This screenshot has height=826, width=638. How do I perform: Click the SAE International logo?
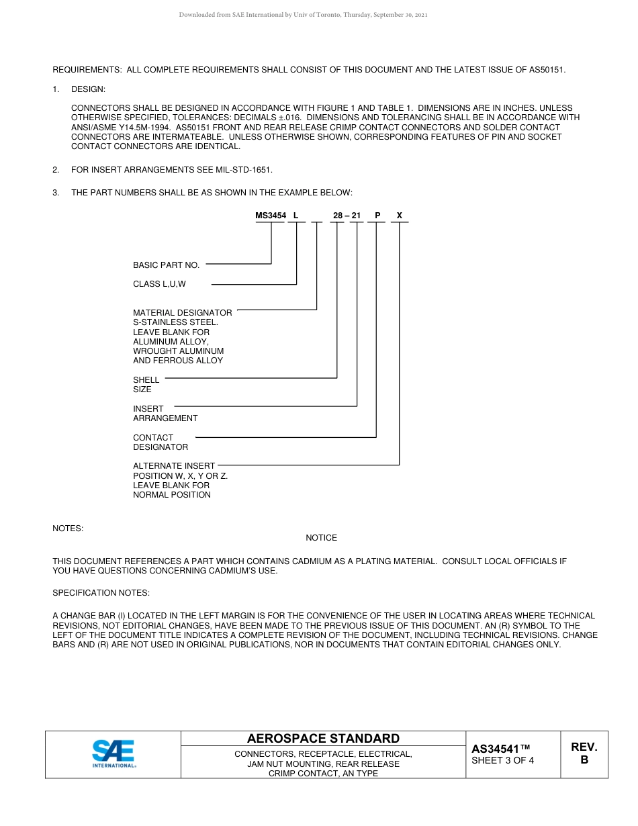click(113, 753)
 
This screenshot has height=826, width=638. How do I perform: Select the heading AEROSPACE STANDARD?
click(323, 738)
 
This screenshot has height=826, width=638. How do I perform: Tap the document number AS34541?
click(500, 749)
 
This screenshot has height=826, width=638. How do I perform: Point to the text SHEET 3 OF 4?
click(502, 761)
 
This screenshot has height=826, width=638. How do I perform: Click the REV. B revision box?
click(584, 753)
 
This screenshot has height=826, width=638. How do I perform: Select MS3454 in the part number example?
click(271, 216)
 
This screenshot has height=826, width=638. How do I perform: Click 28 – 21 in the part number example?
click(347, 216)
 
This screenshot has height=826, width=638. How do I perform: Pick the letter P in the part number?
click(377, 216)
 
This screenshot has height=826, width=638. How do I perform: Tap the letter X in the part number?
click(399, 216)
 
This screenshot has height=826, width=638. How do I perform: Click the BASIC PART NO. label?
click(166, 265)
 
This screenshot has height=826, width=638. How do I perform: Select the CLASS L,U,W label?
click(159, 284)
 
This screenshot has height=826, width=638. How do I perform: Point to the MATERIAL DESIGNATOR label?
click(182, 313)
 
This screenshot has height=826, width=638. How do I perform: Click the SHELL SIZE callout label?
click(146, 384)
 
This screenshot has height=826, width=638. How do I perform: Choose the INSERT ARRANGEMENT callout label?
click(165, 413)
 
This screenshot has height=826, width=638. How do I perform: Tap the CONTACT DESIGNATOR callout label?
click(160, 442)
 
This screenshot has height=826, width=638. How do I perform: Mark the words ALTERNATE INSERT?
click(174, 465)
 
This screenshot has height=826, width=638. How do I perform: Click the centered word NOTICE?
click(321, 538)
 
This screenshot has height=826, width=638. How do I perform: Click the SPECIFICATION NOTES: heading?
click(101, 593)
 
